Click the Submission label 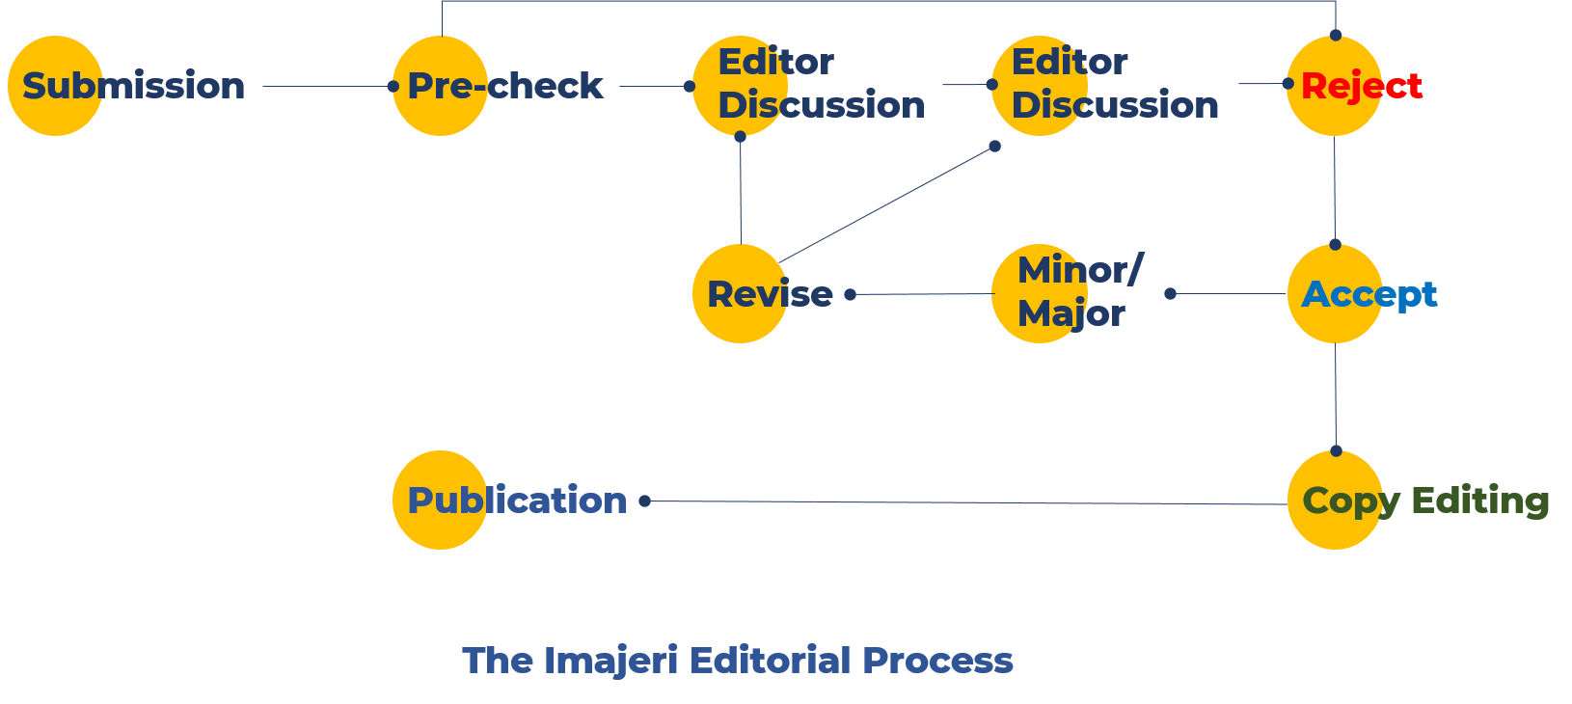click(x=133, y=86)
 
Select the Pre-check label click(x=504, y=86)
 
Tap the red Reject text click(x=1361, y=86)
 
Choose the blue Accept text click(x=1369, y=294)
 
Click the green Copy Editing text click(x=1425, y=501)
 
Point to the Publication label click(x=517, y=501)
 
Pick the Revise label click(x=770, y=294)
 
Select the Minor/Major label click(x=1078, y=291)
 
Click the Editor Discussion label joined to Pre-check click(x=821, y=83)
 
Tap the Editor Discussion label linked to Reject click(x=1115, y=83)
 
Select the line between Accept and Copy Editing click(x=1336, y=395)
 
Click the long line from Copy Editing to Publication click(x=964, y=502)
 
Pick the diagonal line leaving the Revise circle click(x=887, y=203)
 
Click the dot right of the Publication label click(x=645, y=501)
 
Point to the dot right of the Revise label click(x=850, y=294)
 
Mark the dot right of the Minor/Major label click(x=1170, y=293)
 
